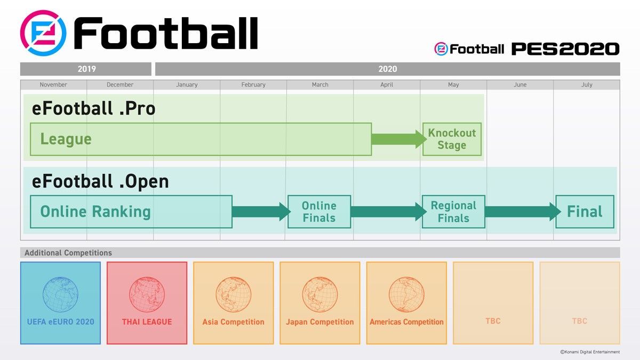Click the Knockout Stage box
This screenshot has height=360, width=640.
452,139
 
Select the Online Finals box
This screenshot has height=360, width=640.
319,212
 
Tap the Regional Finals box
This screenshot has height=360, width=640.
453,212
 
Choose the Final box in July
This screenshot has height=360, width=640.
585,212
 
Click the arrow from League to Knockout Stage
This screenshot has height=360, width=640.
397,139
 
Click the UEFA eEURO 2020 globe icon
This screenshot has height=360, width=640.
60,294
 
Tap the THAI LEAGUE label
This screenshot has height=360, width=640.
147,322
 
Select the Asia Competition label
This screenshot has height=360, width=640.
233,322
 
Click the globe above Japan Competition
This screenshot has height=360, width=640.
319,294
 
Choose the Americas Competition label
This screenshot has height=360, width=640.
406,322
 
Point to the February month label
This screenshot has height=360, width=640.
253,85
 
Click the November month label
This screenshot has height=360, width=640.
53,85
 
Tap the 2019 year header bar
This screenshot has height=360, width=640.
86,69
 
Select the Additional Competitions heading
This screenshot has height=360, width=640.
68,253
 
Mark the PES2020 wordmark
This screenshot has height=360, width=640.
565,49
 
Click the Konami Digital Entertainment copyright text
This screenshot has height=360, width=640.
590,352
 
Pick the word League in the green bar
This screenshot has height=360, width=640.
66,139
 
